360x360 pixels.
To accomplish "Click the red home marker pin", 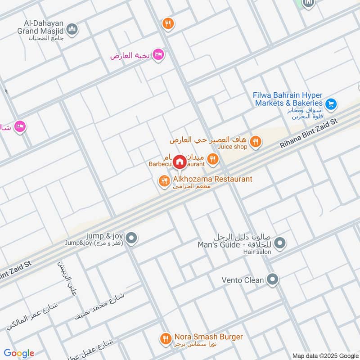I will pyautogui.click(x=179, y=162).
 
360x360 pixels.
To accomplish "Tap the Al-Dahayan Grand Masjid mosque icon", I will pyautogui.click(x=72, y=30).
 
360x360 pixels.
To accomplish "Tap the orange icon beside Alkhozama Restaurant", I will pyautogui.click(x=163, y=181).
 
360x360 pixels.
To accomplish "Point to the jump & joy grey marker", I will pyautogui.click(x=131, y=238).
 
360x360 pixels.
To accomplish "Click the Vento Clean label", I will pyautogui.click(x=243, y=280).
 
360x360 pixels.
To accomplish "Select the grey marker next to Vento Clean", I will pyautogui.click(x=272, y=280).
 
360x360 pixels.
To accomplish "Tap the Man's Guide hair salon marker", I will pyautogui.click(x=280, y=243).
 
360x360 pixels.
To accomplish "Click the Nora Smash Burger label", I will pyautogui.click(x=208, y=337).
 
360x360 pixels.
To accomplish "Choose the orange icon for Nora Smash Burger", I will pyautogui.click(x=166, y=338).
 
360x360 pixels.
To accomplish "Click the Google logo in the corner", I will pyautogui.click(x=19, y=353).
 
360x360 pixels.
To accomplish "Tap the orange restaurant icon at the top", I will pyautogui.click(x=168, y=23).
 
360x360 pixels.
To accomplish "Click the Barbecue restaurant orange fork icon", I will pyautogui.click(x=213, y=158).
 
